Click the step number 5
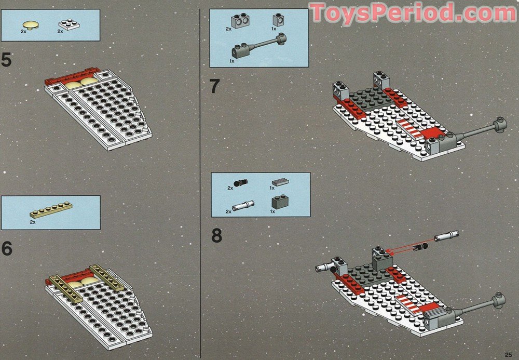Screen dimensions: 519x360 pyautogui.click(x=6, y=60)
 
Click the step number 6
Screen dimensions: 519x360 pyautogui.click(x=7, y=248)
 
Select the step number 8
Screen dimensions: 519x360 pyautogui.click(x=216, y=236)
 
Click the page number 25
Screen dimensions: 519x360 pyautogui.click(x=509, y=354)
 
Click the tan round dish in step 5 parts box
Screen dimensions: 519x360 pyautogui.click(x=30, y=25)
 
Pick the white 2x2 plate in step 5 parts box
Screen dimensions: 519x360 pyautogui.click(x=69, y=25)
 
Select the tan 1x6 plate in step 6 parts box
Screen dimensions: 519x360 pyautogui.click(x=51, y=210)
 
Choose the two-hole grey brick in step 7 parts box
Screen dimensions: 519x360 pyautogui.click(x=241, y=21)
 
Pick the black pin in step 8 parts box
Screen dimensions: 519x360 pyautogui.click(x=241, y=183)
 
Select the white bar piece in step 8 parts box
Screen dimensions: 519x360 pyautogui.click(x=243, y=206)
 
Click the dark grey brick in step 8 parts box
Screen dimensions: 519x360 pyautogui.click(x=280, y=202)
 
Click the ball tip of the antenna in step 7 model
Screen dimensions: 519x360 pyautogui.click(x=499, y=125)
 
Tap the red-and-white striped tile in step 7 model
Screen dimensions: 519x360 pyautogui.click(x=411, y=128)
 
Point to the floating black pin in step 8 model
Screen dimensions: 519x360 pyautogui.click(x=420, y=246)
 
